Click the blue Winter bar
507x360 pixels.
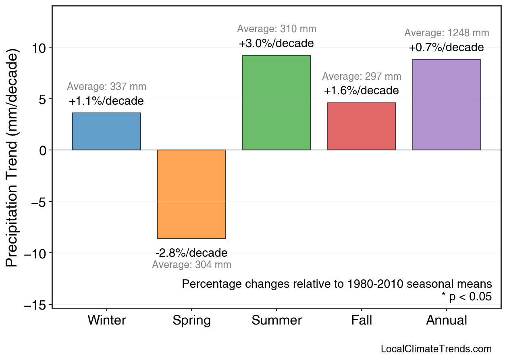click(x=106, y=131)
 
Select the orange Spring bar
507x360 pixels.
click(x=191, y=194)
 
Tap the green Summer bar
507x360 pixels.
click(x=276, y=103)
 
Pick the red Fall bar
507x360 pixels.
click(x=362, y=127)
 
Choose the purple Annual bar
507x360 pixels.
click(x=447, y=105)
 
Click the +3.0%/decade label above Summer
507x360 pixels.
click(x=276, y=43)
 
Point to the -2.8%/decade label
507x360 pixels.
click(x=191, y=253)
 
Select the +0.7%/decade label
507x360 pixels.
click(x=446, y=48)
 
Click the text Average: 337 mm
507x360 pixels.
click(x=106, y=87)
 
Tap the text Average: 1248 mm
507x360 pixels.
click(x=447, y=33)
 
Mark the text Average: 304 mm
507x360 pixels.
click(x=191, y=265)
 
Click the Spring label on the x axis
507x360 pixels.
click(x=191, y=320)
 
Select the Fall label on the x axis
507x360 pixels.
click(x=362, y=320)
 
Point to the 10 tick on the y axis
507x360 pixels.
click(x=39, y=48)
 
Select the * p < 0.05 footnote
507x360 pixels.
click(x=466, y=297)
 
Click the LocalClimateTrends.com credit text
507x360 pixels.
click(x=436, y=349)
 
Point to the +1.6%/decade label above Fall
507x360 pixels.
click(x=361, y=91)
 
